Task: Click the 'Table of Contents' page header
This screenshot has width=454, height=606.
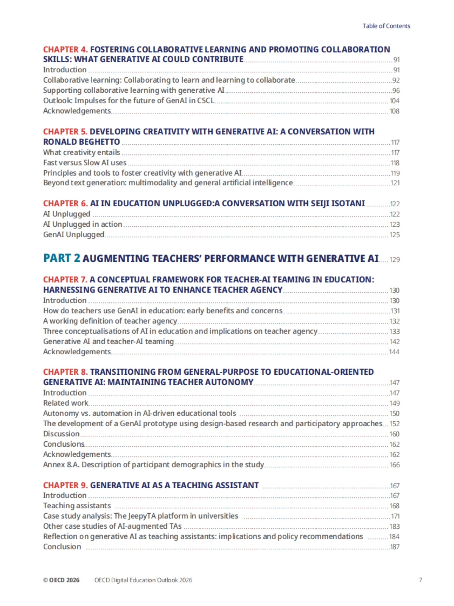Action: pyautogui.click(x=386, y=26)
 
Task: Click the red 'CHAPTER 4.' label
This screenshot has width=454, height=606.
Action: pyautogui.click(x=65, y=50)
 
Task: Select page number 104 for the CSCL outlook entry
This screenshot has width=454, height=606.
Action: pyautogui.click(x=394, y=101)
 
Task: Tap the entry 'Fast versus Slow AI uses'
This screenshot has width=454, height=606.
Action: pyautogui.click(x=85, y=163)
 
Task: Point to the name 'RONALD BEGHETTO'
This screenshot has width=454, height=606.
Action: pyautogui.click(x=81, y=142)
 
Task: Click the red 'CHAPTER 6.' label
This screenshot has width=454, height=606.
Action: pyautogui.click(x=65, y=204)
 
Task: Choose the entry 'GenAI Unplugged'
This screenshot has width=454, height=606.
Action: pyautogui.click(x=73, y=235)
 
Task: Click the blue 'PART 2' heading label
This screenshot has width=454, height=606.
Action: pyautogui.click(x=62, y=258)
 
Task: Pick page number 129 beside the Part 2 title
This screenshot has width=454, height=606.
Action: pyautogui.click(x=394, y=260)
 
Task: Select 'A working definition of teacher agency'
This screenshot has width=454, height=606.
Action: pyautogui.click(x=110, y=321)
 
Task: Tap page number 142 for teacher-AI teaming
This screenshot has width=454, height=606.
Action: pyautogui.click(x=394, y=342)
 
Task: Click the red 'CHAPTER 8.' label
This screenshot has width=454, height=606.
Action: pyautogui.click(x=65, y=372)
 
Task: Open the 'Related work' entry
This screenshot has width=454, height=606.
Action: pyautogui.click(x=65, y=403)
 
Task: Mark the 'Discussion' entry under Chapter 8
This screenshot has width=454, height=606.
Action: pyautogui.click(x=61, y=434)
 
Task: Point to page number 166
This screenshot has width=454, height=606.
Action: pyautogui.click(x=394, y=465)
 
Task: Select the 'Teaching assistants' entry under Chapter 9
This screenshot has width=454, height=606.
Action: pyautogui.click(x=77, y=506)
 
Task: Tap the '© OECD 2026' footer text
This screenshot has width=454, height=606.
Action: pyautogui.click(x=61, y=580)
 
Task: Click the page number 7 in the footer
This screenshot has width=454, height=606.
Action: pyautogui.click(x=420, y=580)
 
